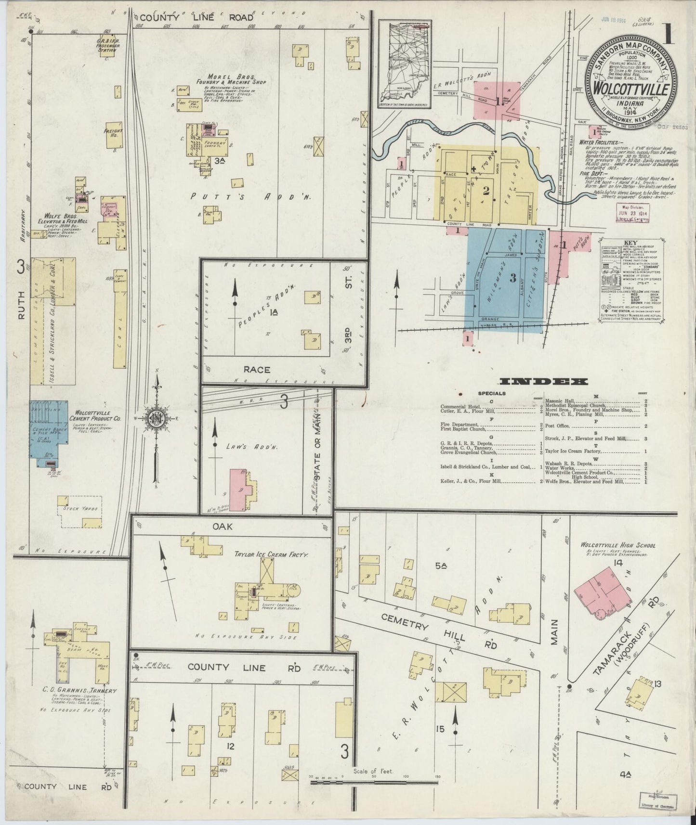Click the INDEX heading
544,382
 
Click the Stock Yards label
79,508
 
